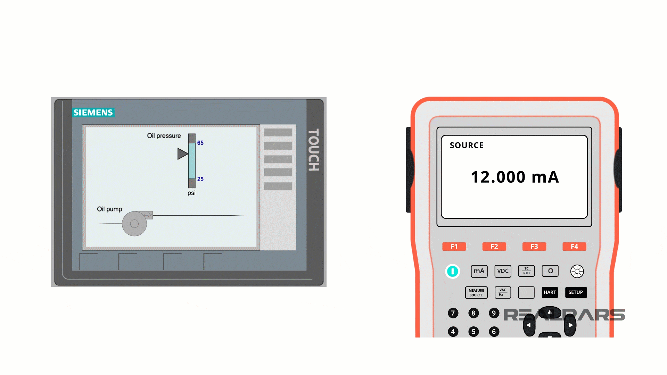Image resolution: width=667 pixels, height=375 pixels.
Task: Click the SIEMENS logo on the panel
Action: point(93,112)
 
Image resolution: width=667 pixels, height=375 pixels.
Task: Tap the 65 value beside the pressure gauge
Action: point(200,143)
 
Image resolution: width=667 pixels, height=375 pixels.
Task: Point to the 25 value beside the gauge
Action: point(200,179)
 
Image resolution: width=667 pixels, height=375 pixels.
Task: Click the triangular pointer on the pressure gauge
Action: point(182,154)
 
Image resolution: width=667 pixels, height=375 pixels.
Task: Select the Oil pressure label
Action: point(164,136)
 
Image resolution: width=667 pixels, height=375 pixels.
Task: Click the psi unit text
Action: point(191,193)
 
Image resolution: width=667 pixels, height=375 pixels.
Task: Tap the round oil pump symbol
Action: point(134,224)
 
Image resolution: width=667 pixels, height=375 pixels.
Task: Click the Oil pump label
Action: point(109,209)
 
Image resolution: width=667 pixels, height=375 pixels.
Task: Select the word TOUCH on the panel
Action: point(313,150)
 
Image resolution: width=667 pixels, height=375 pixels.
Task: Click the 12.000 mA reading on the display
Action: point(514,177)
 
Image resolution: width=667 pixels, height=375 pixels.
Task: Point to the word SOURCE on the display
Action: point(467,145)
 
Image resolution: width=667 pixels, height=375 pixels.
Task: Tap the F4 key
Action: point(574,247)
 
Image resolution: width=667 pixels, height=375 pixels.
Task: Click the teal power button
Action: point(452,271)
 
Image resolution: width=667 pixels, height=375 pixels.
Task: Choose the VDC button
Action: point(503,271)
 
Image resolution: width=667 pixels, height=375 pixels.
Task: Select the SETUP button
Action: point(576,292)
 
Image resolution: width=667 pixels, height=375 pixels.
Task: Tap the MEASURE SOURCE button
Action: point(476,293)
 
